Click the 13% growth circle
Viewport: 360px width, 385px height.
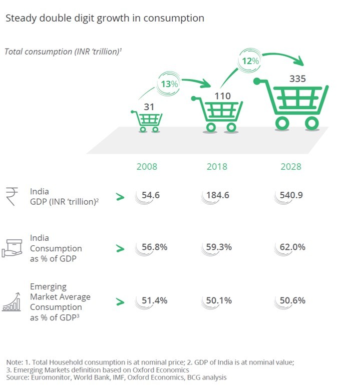[x=169, y=84]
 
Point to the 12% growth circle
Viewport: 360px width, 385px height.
[x=250, y=61]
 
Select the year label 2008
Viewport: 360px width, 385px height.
[x=147, y=167]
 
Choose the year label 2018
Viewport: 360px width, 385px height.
[x=217, y=167]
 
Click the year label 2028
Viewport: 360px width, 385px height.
[x=291, y=167]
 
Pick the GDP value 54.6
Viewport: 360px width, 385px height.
[x=151, y=195]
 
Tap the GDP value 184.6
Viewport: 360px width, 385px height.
[x=218, y=195]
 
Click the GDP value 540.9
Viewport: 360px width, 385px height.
[x=291, y=195]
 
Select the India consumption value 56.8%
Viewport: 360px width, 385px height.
[x=154, y=247]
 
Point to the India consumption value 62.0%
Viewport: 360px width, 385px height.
[x=292, y=247]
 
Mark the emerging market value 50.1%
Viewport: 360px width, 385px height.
[x=219, y=300]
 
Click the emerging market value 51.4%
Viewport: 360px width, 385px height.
[x=154, y=300]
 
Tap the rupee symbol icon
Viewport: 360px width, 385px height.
[x=12, y=196]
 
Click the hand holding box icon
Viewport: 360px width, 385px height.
[x=12, y=248]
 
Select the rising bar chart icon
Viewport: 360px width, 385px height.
[x=12, y=302]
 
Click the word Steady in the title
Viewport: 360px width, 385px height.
[x=21, y=19]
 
